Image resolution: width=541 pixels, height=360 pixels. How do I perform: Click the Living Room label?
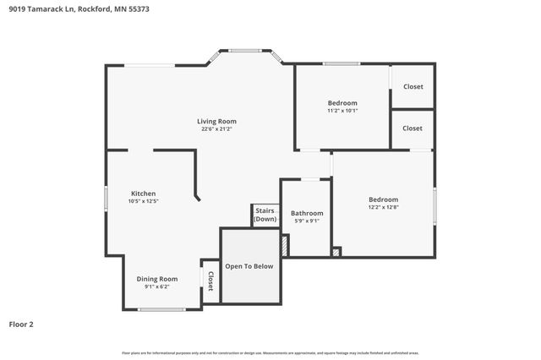click(x=217, y=121)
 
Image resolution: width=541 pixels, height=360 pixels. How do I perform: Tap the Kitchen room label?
click(x=143, y=194)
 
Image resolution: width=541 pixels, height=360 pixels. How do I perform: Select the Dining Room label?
click(x=157, y=279)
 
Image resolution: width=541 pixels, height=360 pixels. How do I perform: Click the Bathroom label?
click(x=307, y=213)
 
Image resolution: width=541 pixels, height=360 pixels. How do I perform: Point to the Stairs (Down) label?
click(x=265, y=215)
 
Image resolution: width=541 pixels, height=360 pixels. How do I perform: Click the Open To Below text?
click(x=249, y=266)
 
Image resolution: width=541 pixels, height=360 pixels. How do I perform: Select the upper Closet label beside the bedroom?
click(x=413, y=86)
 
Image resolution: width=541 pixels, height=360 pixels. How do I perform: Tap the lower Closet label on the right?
click(x=413, y=128)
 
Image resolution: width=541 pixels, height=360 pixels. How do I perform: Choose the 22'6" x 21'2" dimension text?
click(x=217, y=129)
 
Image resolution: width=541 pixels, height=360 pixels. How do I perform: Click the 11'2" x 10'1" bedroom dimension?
click(x=342, y=111)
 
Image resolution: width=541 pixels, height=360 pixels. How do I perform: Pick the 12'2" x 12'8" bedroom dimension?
click(x=383, y=207)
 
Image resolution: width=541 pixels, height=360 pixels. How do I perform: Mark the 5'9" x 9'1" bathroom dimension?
click(x=307, y=221)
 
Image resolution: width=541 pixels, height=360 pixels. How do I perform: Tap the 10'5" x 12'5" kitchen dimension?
click(x=143, y=201)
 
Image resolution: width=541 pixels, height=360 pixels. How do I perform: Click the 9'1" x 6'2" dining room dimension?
click(x=157, y=286)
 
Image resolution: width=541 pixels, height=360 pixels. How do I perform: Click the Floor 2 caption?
click(x=21, y=324)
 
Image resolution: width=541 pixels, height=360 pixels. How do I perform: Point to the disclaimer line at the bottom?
click(x=270, y=352)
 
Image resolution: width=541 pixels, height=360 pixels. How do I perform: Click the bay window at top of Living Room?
click(x=246, y=51)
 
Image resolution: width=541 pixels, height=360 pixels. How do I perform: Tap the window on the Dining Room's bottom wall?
click(x=161, y=309)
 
